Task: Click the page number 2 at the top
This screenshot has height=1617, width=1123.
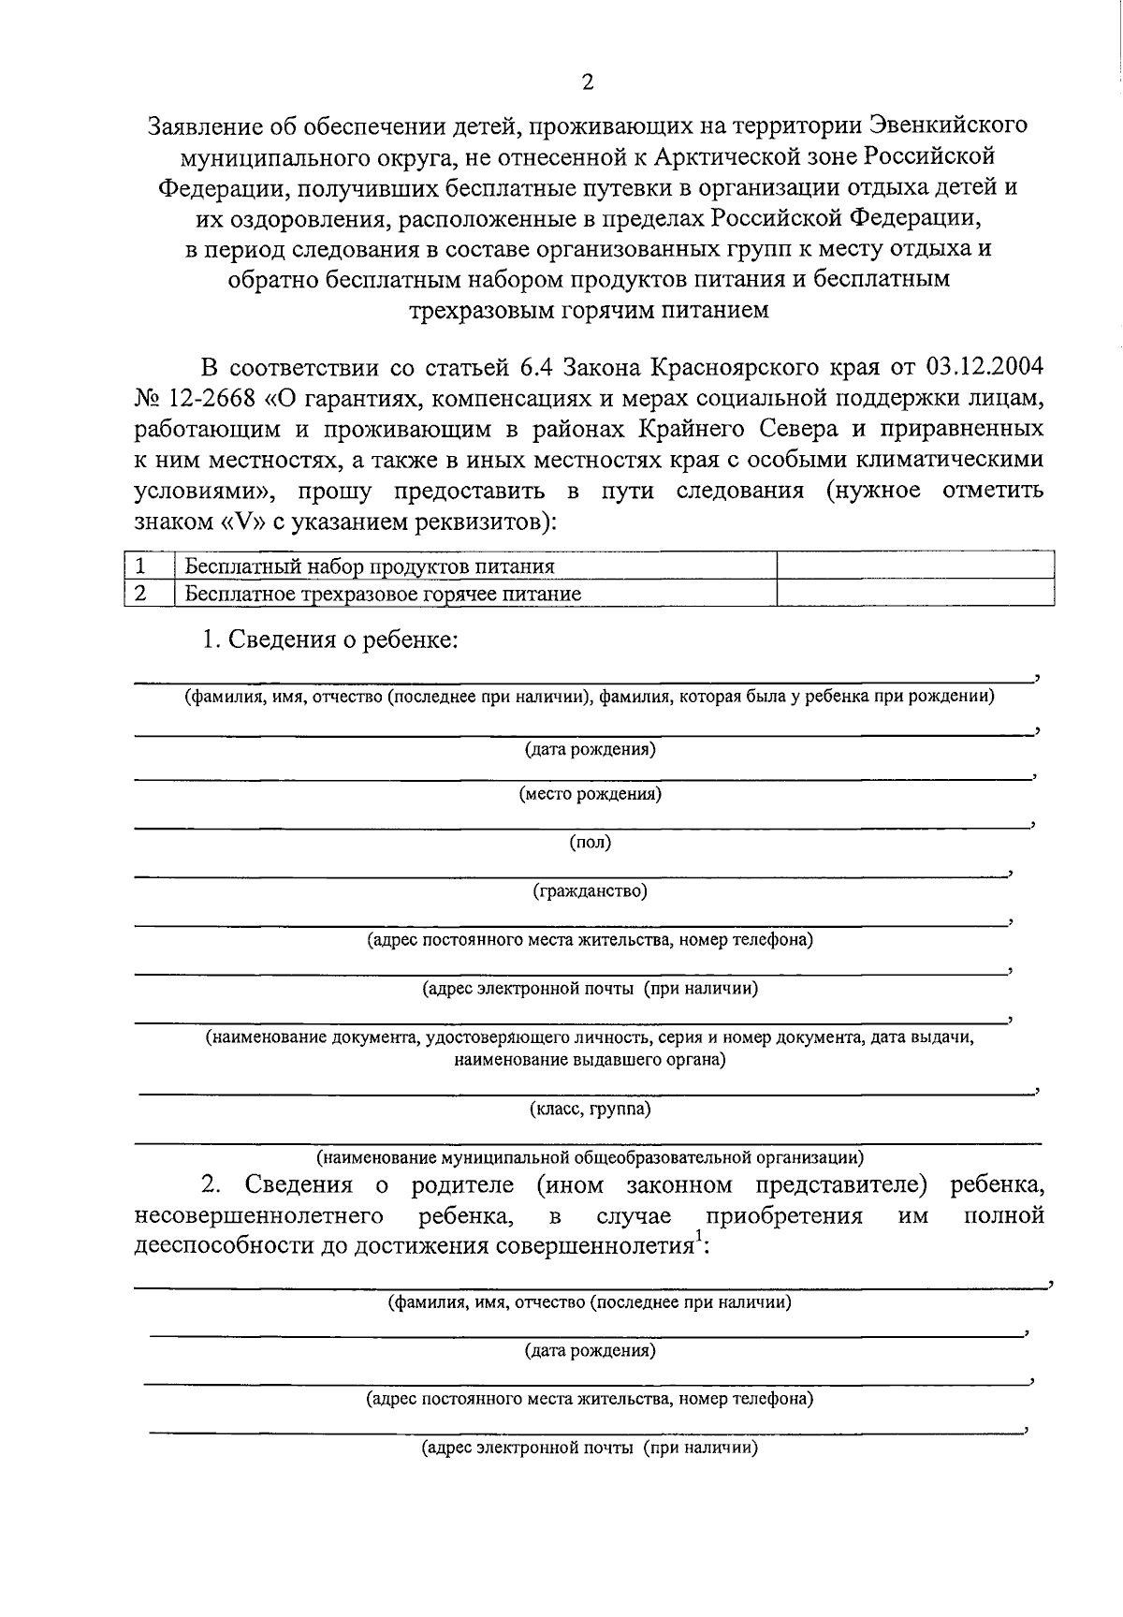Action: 587,82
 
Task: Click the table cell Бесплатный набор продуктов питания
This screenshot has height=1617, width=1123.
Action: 370,566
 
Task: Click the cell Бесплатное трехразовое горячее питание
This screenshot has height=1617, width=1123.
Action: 383,594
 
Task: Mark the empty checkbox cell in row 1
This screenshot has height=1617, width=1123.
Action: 915,566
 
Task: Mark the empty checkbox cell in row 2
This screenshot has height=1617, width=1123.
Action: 915,593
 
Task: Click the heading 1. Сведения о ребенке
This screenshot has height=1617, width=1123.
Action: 329,640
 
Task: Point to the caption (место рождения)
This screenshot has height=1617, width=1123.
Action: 590,794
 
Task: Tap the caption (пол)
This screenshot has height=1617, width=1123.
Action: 590,843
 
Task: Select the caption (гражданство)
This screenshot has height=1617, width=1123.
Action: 590,891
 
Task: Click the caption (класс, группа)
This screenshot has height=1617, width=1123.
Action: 590,1110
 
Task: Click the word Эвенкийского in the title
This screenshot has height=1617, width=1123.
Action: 948,125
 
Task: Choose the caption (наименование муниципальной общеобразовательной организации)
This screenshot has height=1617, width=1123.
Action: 590,1157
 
